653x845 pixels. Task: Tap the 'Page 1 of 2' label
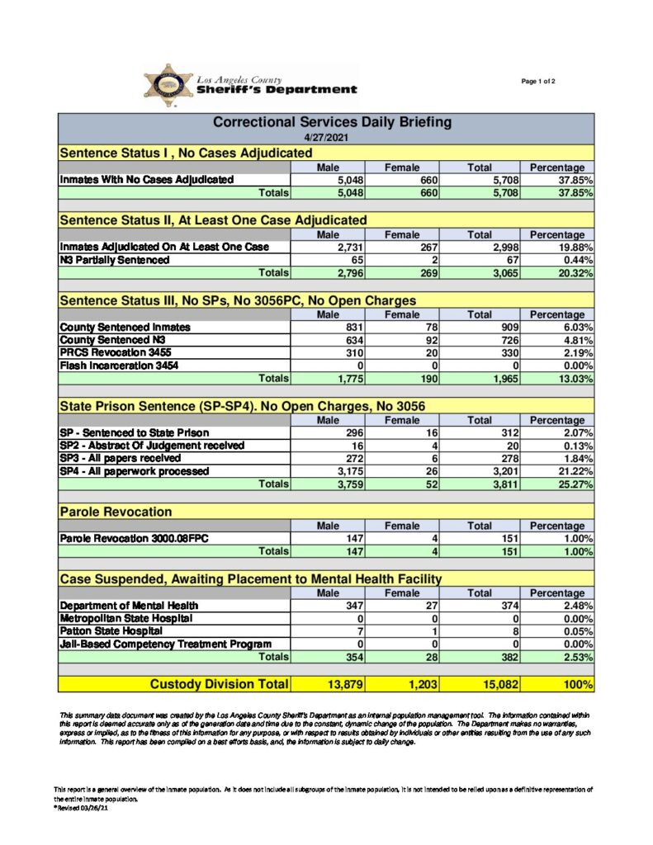[x=538, y=81]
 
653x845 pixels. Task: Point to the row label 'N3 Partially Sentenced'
[x=115, y=260]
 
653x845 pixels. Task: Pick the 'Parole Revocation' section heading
[x=116, y=512]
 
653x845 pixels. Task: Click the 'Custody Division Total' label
[x=220, y=684]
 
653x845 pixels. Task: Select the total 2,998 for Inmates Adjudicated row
[x=499, y=247]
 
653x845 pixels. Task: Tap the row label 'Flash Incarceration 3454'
[x=119, y=366]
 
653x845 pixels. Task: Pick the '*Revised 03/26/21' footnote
[x=81, y=809]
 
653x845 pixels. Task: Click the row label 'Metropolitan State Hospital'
[x=126, y=618]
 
